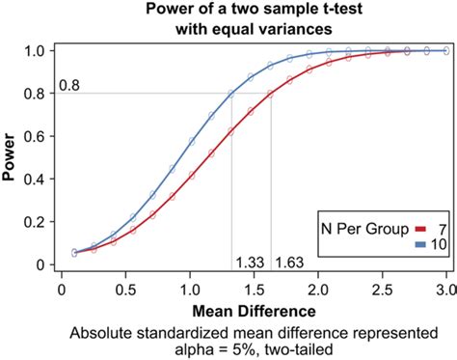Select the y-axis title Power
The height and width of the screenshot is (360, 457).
(13, 156)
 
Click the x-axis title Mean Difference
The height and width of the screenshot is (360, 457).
(254, 312)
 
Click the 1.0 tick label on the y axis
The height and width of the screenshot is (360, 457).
(35, 50)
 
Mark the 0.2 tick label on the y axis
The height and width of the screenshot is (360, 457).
(35, 221)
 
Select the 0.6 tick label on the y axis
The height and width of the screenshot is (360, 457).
(35, 136)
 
